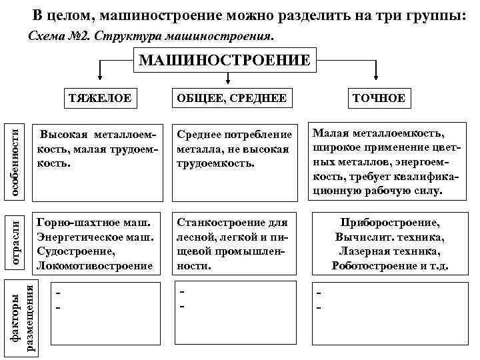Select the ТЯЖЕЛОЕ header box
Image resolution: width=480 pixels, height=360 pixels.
pos(99,98)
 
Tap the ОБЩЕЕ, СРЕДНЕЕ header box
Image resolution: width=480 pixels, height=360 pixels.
pos(231,99)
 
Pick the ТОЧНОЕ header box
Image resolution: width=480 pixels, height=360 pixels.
pos(379,99)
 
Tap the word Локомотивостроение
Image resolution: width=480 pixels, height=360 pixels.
pos(95,265)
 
